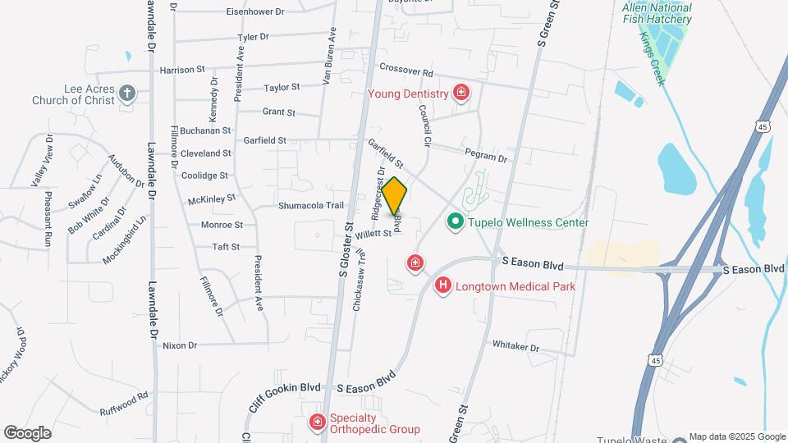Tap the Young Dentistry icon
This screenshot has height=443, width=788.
(461, 93)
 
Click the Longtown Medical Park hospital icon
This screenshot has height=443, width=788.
(443, 285)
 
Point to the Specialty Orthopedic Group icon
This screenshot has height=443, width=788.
(317, 422)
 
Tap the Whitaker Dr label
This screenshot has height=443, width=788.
(515, 347)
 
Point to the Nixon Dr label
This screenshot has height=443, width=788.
(180, 345)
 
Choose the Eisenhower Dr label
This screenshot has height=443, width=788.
(254, 12)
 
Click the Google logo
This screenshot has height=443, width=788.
(27, 432)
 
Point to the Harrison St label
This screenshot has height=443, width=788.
(181, 71)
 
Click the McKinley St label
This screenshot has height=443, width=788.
(212, 198)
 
